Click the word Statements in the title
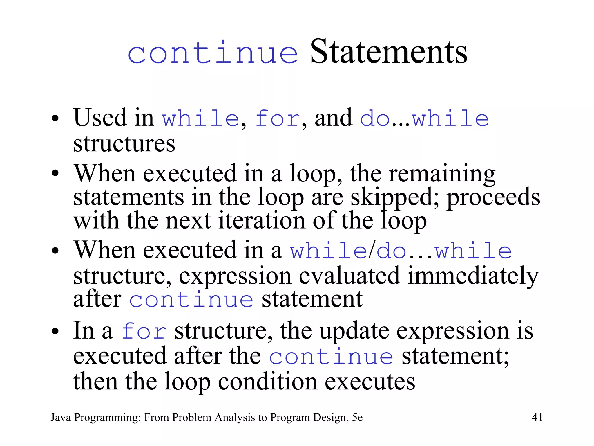pyautogui.click(x=389, y=52)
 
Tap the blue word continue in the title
pyautogui.click(x=213, y=53)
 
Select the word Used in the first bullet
pyautogui.click(x=100, y=118)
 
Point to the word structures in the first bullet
pyautogui.click(x=124, y=143)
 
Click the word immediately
pyautogui.click(x=473, y=276)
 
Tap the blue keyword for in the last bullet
pyautogui.click(x=144, y=331)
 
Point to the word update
pyautogui.click(x=354, y=331)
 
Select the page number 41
pyautogui.click(x=537, y=417)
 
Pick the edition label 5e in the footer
pyautogui.click(x=357, y=417)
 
